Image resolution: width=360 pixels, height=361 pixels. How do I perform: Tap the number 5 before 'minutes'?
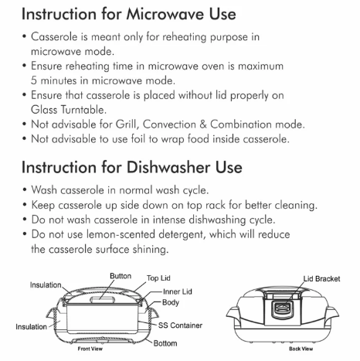click(x=34, y=80)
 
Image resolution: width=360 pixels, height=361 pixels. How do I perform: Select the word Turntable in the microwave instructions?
click(x=83, y=110)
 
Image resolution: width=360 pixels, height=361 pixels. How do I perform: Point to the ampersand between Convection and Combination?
click(x=203, y=124)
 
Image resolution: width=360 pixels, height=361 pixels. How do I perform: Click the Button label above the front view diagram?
click(x=121, y=276)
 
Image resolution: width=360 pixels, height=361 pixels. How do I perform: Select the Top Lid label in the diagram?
click(x=158, y=278)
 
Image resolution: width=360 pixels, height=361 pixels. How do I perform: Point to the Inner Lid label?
click(x=178, y=291)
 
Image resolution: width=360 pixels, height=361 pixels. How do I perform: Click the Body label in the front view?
click(x=171, y=302)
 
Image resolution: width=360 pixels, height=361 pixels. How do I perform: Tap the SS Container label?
click(x=180, y=325)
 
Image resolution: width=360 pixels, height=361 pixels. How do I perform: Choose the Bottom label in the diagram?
click(x=165, y=343)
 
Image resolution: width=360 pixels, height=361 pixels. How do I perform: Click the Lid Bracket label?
click(x=321, y=279)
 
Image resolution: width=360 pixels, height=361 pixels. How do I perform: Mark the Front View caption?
click(x=90, y=349)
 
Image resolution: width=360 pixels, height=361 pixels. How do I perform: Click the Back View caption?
click(x=301, y=349)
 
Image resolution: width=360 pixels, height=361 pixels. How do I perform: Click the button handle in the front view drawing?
click(x=103, y=300)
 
